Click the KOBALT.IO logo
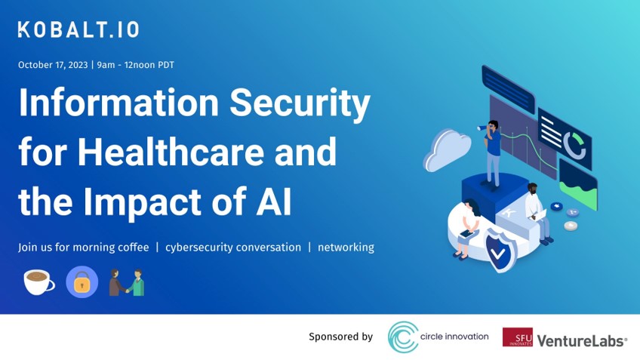point(78,30)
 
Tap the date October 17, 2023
point(53,65)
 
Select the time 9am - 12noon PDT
point(136,65)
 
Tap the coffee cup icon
point(38,282)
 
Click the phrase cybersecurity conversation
point(233,248)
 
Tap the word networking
point(346,248)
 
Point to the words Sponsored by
point(340,337)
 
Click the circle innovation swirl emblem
point(404,337)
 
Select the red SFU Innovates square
point(517,337)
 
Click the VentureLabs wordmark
point(582,340)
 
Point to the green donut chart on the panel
point(577,147)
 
